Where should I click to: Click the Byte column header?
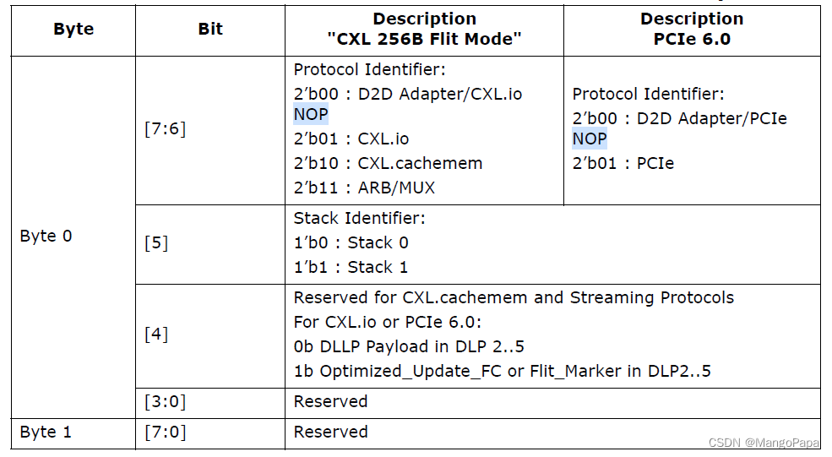coord(73,29)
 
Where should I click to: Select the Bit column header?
coord(210,29)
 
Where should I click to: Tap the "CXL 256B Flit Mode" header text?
coord(424,39)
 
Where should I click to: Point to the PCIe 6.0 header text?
coord(692,39)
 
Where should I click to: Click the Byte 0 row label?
coord(46,236)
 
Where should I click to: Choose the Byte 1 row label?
coord(46,432)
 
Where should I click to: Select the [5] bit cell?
coord(156,242)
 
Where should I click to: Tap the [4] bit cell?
coord(156,334)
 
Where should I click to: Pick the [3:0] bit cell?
coord(165,401)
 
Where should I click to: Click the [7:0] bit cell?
coord(165,432)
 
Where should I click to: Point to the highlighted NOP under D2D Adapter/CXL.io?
coord(311,114)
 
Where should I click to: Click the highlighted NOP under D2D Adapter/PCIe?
coord(590,139)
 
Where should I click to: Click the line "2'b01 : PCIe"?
coord(623,162)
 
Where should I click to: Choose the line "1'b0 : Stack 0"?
coord(351,242)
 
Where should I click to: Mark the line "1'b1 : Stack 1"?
coord(351,267)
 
